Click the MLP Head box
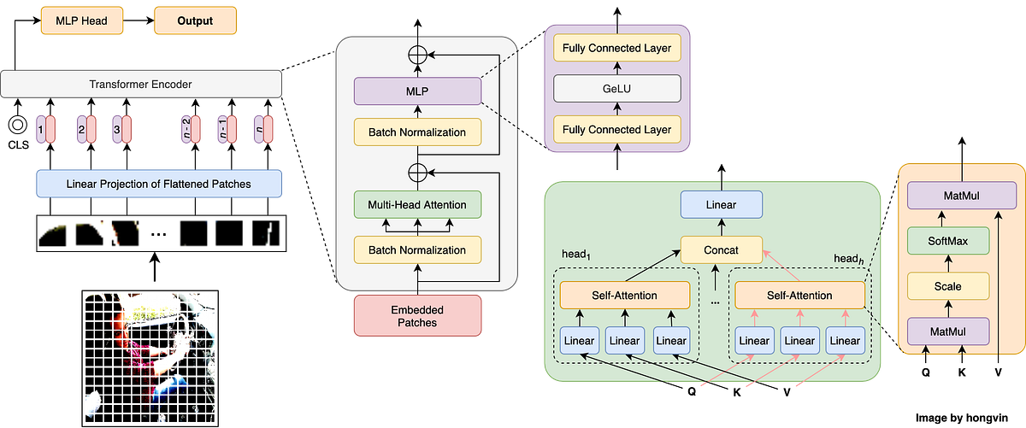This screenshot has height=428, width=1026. [x=83, y=21]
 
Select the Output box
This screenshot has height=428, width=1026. [x=196, y=21]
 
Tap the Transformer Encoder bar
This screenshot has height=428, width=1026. [x=141, y=85]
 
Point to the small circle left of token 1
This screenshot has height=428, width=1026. [x=15, y=126]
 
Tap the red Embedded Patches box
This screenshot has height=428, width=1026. [x=417, y=315]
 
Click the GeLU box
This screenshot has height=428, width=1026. [x=617, y=88]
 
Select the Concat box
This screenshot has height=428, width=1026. [x=721, y=250]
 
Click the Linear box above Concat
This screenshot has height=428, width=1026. [x=721, y=204]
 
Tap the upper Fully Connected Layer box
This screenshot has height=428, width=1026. [x=617, y=48]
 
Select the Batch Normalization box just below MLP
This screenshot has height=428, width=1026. [x=417, y=132]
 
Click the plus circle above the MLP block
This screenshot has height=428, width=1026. [x=417, y=53]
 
